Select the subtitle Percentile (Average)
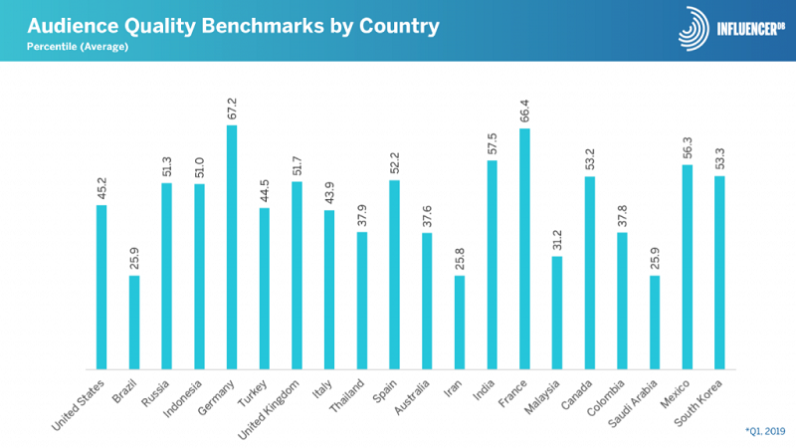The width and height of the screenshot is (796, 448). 70,46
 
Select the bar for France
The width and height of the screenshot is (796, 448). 525,249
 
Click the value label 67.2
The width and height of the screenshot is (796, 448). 232,108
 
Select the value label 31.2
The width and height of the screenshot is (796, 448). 557,240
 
